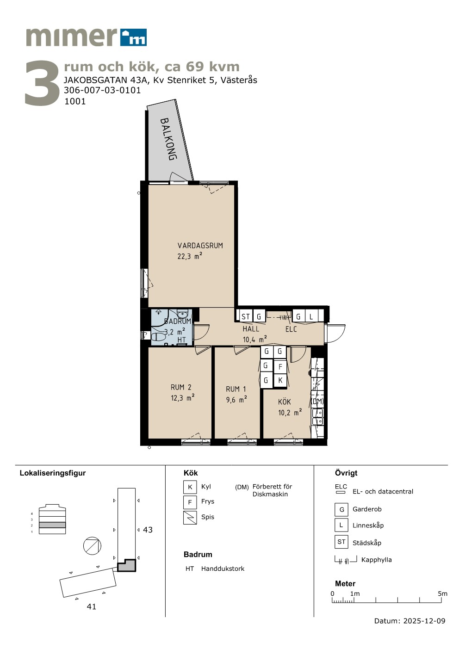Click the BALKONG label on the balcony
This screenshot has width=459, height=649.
(x=168, y=139)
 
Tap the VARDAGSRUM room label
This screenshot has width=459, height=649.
(x=200, y=246)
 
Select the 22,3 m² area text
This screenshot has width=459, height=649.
(x=190, y=256)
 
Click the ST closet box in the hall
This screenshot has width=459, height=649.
(x=245, y=316)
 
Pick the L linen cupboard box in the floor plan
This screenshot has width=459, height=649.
(x=311, y=316)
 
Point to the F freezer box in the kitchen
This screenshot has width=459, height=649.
(x=280, y=367)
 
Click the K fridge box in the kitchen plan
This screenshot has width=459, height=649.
(x=280, y=380)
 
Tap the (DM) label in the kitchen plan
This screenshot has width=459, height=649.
(x=317, y=401)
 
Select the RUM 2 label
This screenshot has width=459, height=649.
(x=181, y=387)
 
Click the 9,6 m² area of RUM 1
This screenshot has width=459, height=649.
(x=236, y=400)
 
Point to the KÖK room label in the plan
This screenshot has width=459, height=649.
(x=284, y=402)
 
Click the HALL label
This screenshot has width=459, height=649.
(x=251, y=329)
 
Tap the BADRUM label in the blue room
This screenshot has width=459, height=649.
(x=178, y=321)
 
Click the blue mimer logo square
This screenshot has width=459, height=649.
(x=134, y=37)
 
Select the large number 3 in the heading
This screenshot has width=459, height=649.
(x=42, y=83)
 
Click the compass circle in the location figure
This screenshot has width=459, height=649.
(x=92, y=546)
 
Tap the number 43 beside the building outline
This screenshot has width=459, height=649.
(x=148, y=530)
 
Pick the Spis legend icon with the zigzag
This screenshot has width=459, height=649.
(x=190, y=518)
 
